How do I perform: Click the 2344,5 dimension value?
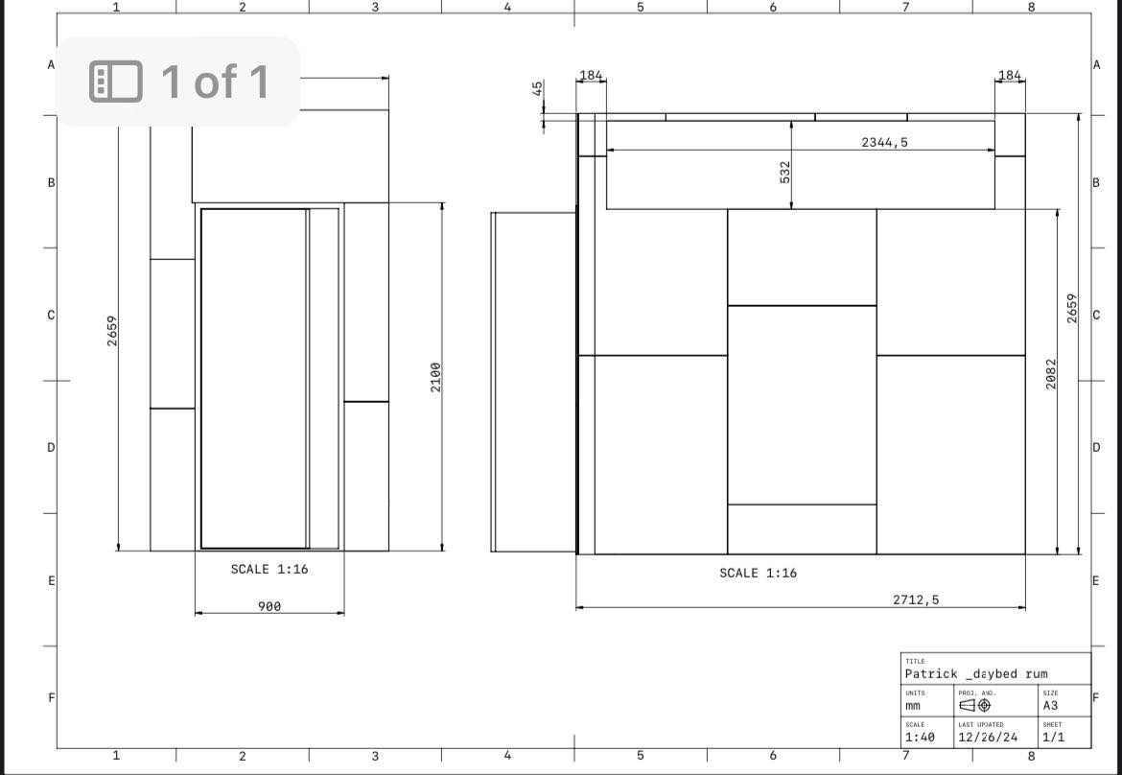click(x=884, y=142)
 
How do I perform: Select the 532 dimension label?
click(x=785, y=172)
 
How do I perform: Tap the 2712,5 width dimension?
click(x=916, y=599)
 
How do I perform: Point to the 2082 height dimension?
click(x=1050, y=373)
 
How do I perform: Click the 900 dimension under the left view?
click(x=269, y=607)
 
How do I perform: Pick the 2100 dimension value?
click(x=435, y=377)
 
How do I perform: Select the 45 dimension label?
click(x=537, y=88)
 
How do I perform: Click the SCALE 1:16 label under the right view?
click(x=758, y=573)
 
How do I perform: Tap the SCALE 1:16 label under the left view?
click(x=269, y=569)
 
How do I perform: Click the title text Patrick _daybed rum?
click(x=976, y=673)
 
